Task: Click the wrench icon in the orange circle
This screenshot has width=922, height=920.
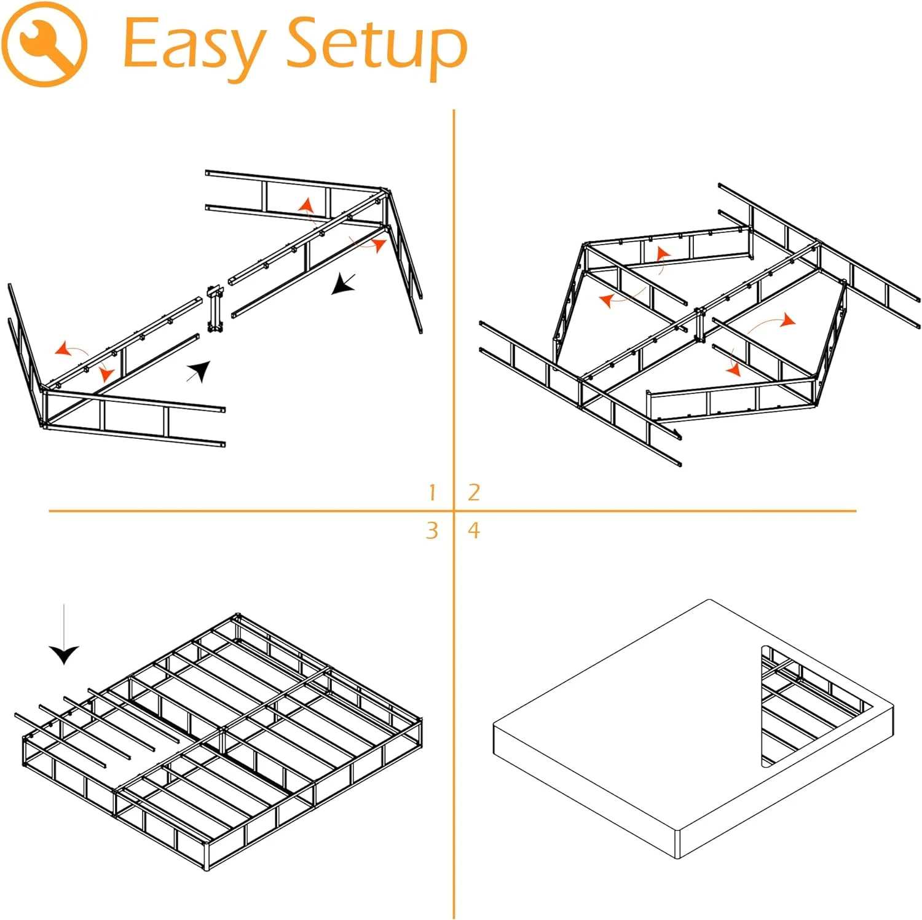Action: (44, 44)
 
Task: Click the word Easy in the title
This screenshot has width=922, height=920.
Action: (193, 44)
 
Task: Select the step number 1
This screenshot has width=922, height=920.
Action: (432, 492)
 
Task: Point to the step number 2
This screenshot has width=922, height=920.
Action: (473, 492)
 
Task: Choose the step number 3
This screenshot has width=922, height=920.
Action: (432, 530)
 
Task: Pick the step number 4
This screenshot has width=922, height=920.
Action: (473, 530)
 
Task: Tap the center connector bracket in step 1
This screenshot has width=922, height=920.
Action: (214, 309)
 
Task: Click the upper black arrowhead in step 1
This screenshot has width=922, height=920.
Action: (342, 285)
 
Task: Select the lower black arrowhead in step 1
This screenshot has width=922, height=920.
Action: (200, 371)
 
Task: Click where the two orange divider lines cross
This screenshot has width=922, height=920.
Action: (454, 511)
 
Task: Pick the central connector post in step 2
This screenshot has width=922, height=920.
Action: (699, 324)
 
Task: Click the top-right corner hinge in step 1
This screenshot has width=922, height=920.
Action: (385, 193)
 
